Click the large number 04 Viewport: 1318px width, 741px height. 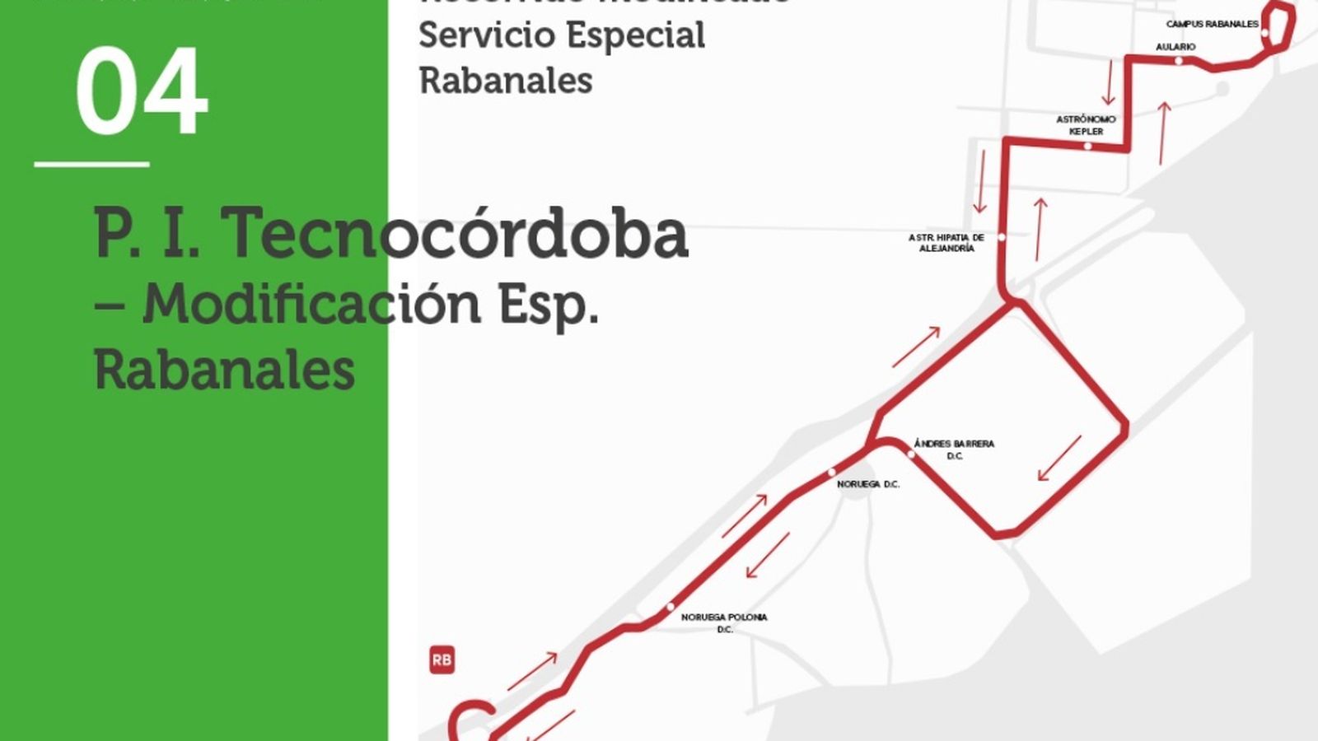pos(141,91)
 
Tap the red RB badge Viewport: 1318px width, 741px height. pos(442,659)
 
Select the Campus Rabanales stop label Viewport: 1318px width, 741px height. pos(1212,25)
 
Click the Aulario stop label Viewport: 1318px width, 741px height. pos(1175,47)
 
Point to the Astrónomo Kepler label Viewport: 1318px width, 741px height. pos(1086,125)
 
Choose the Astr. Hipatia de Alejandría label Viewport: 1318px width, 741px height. pos(946,243)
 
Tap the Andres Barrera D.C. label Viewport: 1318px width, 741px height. pos(955,450)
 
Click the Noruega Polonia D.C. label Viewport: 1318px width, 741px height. pos(724,622)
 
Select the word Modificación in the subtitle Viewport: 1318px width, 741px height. pos(311,304)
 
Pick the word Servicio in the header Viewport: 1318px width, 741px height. pos(484,35)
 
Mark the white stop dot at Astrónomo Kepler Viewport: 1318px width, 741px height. pos(1087,147)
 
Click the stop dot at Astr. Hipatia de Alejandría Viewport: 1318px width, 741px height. pos(1002,237)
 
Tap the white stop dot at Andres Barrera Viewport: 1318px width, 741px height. pos(910,454)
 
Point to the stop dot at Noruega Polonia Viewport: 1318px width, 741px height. pos(671,608)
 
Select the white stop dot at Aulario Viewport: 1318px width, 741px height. pos(1179,61)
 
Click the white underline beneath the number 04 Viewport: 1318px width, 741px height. pos(91,165)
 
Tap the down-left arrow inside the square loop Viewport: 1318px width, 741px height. pos(1059,459)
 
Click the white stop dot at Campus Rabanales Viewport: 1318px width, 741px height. pos(1265,34)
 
